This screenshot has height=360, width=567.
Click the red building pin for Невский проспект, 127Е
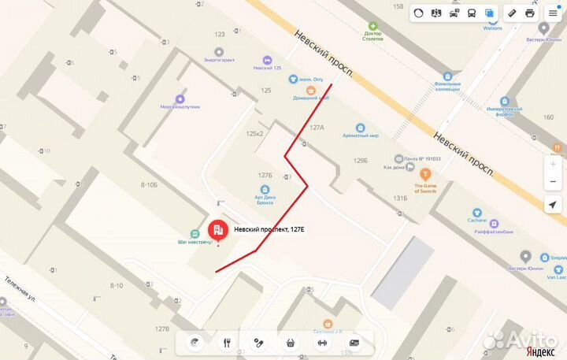pos(216,230)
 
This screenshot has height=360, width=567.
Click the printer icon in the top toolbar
pos(530,13)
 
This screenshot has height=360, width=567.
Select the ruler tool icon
pos(511,13)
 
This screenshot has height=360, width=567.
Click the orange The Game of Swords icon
pos(425,173)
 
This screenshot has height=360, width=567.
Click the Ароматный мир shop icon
pos(361,127)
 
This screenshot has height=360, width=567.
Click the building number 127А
pos(317,127)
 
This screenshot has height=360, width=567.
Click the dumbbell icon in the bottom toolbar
pos(321,343)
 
